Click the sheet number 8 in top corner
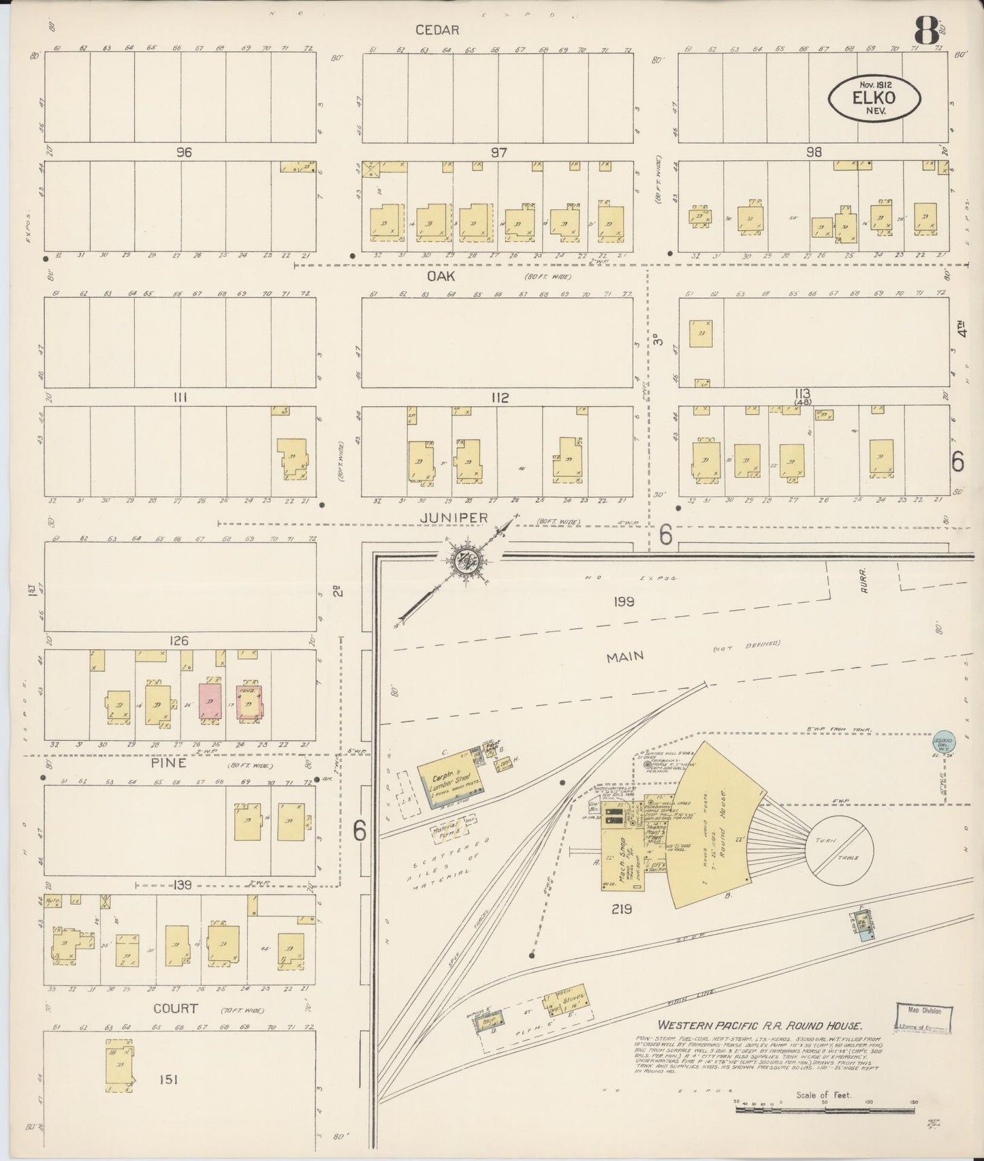tap(923, 31)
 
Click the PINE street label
tap(170, 763)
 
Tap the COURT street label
tap(176, 1008)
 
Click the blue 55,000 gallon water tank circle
tap(943, 741)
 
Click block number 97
tap(499, 153)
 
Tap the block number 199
tap(622, 602)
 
